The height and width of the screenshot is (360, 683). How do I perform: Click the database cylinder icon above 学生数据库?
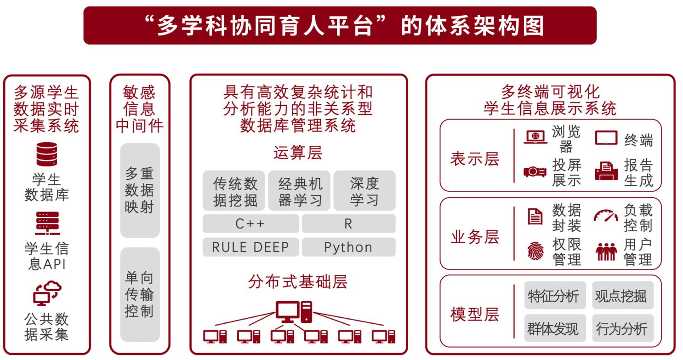tap(47, 154)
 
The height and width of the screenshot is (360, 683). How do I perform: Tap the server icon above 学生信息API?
tap(47, 223)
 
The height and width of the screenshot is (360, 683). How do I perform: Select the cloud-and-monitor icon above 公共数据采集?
tap(47, 293)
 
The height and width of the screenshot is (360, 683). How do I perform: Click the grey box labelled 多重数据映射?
tap(140, 190)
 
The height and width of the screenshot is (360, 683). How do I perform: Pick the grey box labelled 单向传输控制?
tap(140, 294)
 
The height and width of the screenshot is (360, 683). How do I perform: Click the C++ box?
tap(250, 224)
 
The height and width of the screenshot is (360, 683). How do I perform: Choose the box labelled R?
tap(348, 224)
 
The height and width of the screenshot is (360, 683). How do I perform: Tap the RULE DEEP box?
tap(250, 247)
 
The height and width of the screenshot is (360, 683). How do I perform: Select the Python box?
tap(348, 247)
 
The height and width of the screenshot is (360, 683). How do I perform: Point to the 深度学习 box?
tap(364, 191)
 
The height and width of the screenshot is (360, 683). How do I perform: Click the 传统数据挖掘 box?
tap(234, 191)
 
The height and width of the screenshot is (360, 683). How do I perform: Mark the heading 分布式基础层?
tap(298, 281)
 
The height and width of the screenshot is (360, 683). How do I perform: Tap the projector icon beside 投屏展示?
tap(535, 172)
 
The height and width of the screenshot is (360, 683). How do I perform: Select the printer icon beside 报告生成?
tap(606, 171)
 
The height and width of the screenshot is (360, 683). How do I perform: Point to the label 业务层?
tap(475, 238)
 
